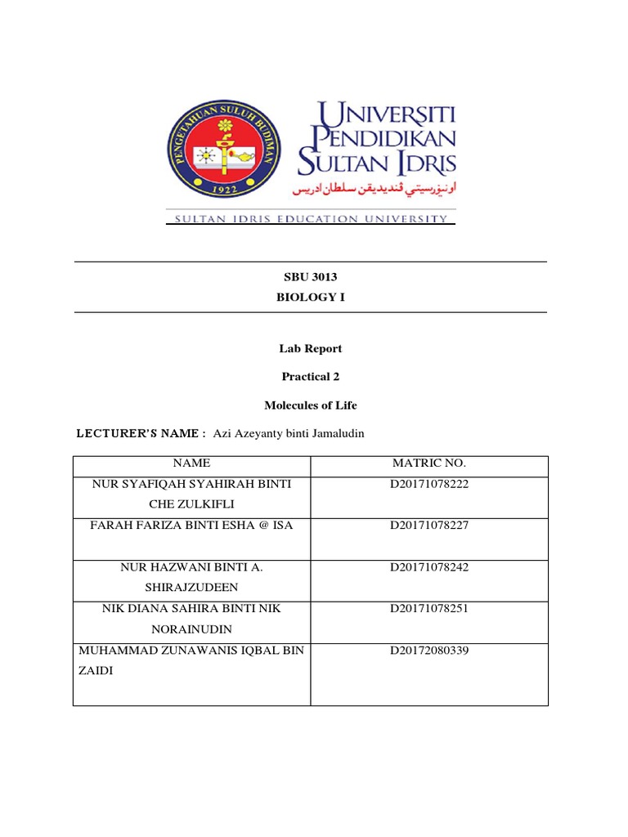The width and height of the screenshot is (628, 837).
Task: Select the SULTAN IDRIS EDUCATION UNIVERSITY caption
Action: point(311,219)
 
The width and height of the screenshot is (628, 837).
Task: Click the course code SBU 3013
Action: point(310,277)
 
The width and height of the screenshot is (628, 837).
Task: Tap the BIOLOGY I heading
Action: point(310,298)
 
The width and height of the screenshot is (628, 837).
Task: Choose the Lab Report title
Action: point(310,348)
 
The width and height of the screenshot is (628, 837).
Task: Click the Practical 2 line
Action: point(310,377)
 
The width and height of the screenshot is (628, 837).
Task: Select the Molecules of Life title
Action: point(310,405)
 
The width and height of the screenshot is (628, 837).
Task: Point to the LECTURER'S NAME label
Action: point(140,434)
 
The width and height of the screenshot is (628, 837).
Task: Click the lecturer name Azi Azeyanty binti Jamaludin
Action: point(288,434)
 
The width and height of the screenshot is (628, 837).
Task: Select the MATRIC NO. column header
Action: point(429,463)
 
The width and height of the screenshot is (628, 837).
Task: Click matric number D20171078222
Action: point(429,484)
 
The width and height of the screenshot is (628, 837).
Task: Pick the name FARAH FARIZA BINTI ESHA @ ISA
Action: point(191,526)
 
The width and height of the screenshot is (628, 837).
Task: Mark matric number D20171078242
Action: point(429,567)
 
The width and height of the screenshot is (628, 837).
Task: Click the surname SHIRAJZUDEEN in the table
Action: point(191,589)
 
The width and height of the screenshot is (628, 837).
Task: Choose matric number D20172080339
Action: point(429,651)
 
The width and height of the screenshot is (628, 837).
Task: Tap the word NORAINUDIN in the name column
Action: point(191,630)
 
